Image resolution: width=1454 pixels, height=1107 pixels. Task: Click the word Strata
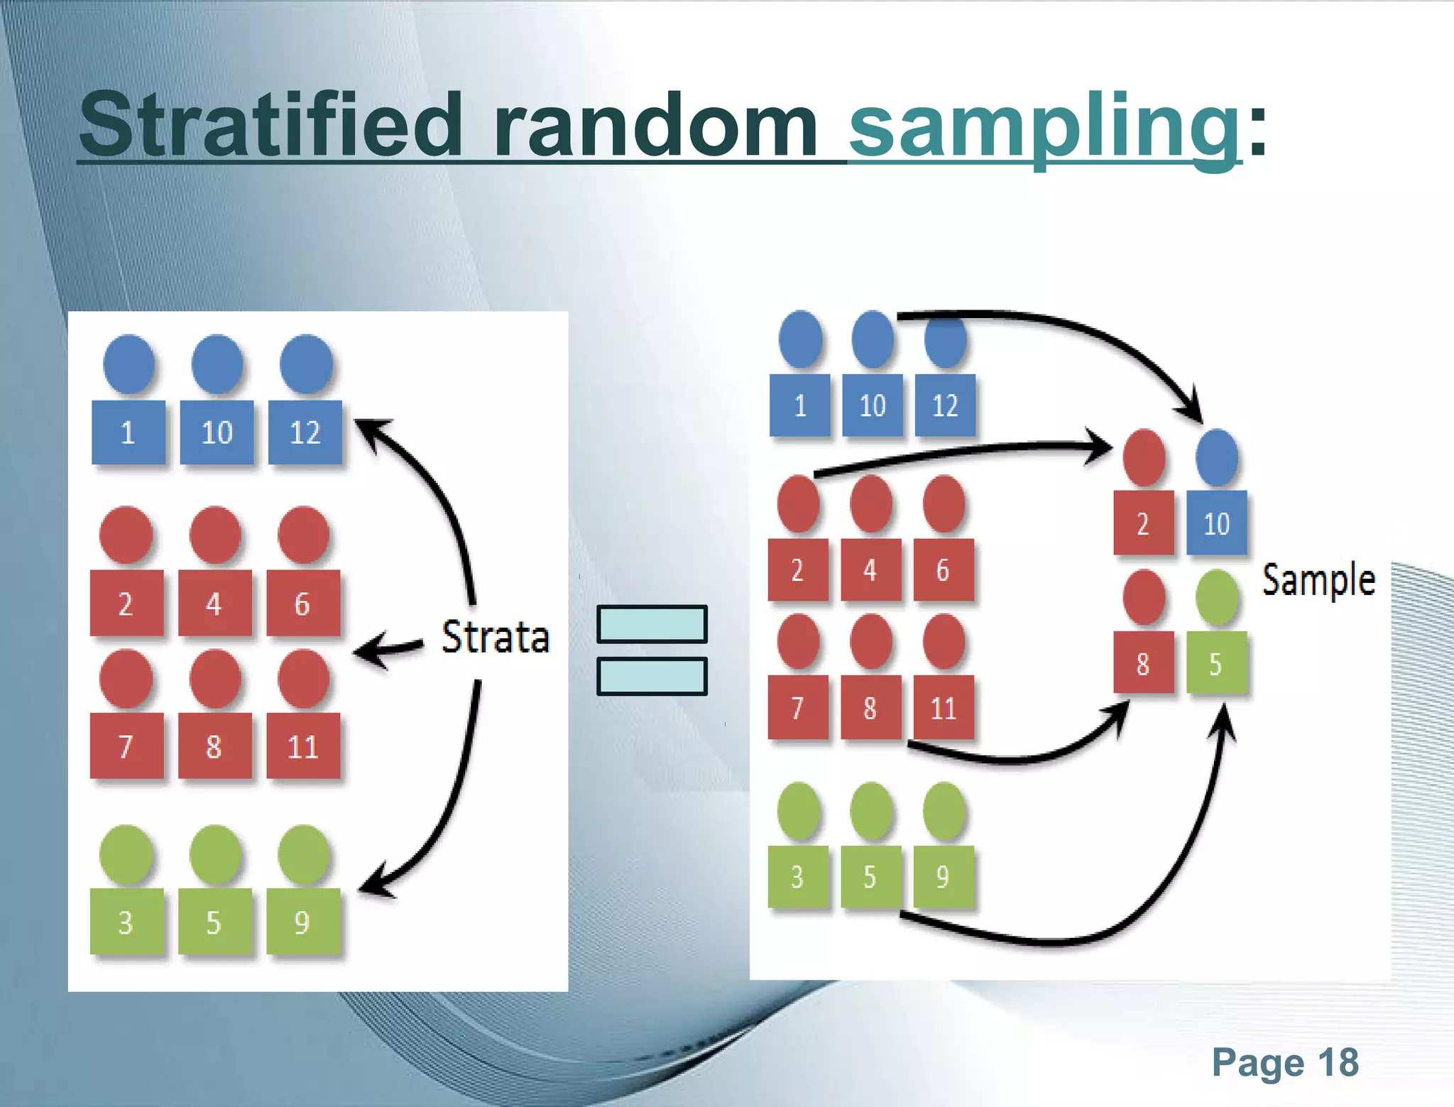(496, 636)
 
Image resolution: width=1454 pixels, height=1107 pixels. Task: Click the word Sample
(1318, 580)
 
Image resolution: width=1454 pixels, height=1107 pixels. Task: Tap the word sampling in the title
(1044, 126)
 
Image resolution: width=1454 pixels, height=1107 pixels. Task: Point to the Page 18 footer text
(1285, 1062)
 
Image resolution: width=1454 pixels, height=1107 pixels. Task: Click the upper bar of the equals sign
(652, 624)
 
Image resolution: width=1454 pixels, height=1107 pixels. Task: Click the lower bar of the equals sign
(652, 676)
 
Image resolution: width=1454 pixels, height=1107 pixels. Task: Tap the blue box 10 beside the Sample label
(1216, 523)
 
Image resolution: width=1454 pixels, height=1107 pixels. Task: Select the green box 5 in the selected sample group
(1216, 663)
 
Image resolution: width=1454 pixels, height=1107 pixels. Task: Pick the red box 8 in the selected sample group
(1143, 663)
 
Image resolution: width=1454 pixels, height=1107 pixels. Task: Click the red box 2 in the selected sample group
(1143, 523)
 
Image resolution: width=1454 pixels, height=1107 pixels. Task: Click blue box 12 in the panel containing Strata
(305, 432)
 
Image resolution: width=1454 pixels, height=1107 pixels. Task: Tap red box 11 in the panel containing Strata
(303, 746)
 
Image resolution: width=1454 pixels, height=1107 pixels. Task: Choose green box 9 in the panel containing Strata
(303, 922)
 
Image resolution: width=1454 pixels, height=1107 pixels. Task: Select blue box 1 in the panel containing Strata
(128, 432)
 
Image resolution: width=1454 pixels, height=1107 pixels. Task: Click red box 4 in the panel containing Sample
(870, 570)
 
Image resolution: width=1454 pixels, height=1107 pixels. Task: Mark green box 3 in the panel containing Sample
(797, 877)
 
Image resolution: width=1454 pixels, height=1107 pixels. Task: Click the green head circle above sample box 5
(1216, 598)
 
